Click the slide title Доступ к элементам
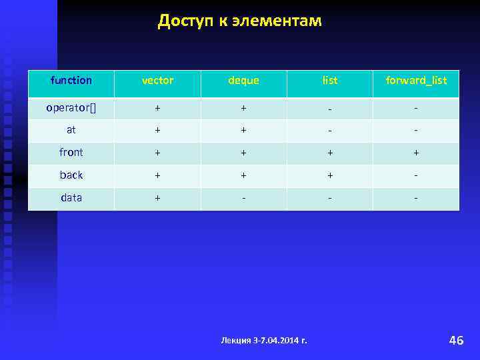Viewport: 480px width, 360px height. [239, 21]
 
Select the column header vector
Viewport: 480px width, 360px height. [157, 81]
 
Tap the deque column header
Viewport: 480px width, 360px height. [243, 81]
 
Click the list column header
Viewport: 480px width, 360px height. [329, 81]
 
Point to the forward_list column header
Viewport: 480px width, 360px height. [416, 81]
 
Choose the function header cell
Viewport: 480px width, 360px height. [71, 81]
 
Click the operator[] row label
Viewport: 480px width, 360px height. [71, 107]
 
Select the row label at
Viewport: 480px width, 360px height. [71, 130]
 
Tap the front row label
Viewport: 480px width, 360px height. [71, 153]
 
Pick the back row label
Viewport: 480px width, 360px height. [71, 175]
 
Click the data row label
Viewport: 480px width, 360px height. [71, 198]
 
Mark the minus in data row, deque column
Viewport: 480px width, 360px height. [243, 198]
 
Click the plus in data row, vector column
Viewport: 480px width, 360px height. [157, 198]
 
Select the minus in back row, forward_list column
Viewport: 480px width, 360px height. [416, 175]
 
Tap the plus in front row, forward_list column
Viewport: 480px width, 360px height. [416, 153]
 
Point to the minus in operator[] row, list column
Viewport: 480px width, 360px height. [329, 108]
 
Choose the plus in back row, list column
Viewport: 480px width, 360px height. [329, 175]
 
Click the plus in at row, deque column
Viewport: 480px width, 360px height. [243, 130]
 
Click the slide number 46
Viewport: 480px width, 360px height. [456, 341]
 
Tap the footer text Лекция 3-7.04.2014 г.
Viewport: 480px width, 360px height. [264, 341]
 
